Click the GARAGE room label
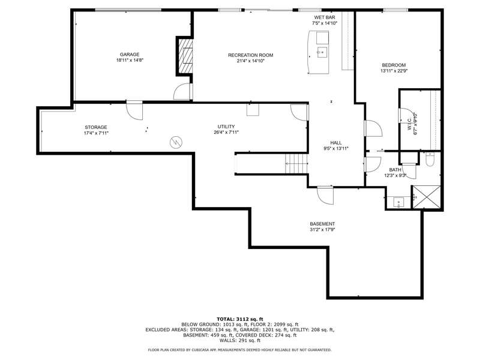(130, 55)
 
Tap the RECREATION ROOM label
(250, 55)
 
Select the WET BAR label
(325, 17)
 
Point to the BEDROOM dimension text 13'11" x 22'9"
(394, 71)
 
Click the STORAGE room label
(96, 127)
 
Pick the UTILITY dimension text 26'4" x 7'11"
(226, 132)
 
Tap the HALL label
(336, 143)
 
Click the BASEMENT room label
(322, 224)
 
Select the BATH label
(395, 170)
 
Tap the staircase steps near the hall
(296, 163)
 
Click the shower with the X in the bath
(427, 197)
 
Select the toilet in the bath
(430, 159)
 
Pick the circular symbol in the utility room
(176, 142)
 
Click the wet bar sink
(322, 52)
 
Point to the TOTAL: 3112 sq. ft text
(239, 319)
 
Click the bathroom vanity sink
(398, 202)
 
